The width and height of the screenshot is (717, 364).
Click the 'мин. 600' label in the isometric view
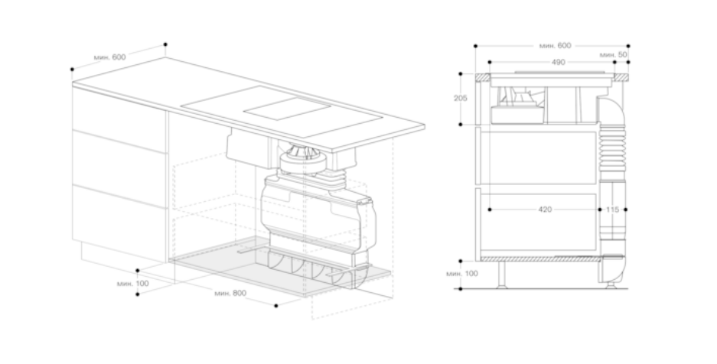point(109,57)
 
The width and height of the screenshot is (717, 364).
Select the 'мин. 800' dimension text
point(230,293)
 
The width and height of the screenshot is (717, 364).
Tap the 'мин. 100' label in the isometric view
point(133,283)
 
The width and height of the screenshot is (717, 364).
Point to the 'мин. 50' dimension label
point(614,55)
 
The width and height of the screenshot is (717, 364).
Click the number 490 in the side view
point(559,62)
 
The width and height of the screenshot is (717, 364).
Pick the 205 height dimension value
point(461,98)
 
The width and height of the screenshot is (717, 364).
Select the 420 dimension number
point(545,210)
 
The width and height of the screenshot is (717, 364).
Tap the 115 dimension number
point(612,210)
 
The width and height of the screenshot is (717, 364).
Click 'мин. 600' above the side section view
point(555,46)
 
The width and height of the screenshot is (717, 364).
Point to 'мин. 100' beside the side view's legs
point(462,274)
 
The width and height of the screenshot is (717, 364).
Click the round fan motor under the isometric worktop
point(303,159)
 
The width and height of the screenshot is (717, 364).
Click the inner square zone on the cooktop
point(287,109)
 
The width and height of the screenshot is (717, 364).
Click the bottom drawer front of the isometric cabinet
point(120,223)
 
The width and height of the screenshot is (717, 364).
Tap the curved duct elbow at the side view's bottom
point(611,269)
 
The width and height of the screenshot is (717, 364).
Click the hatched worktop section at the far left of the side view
point(482,78)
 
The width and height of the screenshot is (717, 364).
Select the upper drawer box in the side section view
point(543,158)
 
